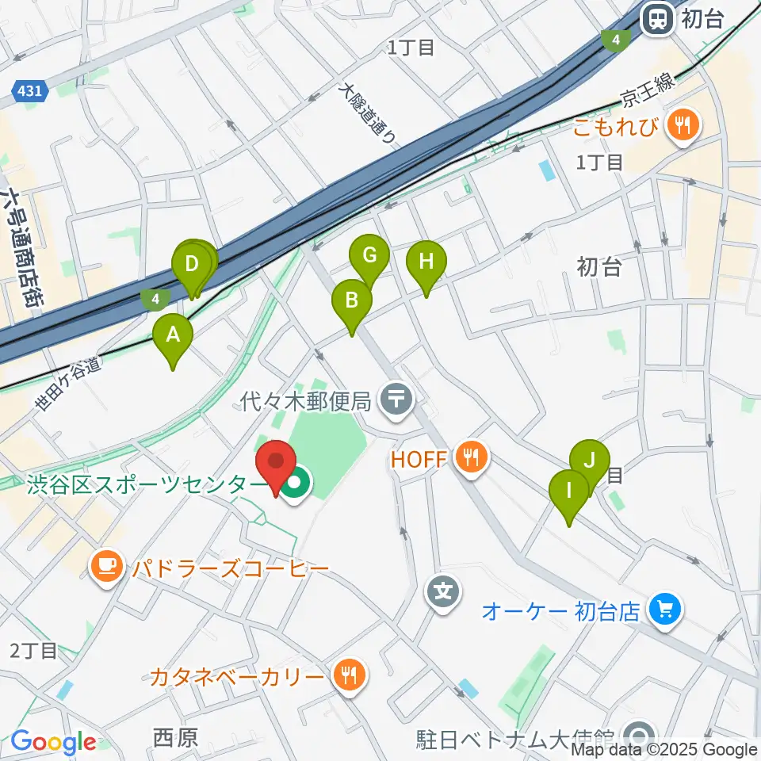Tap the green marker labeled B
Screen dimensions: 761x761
point(351,301)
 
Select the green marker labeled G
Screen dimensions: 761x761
point(369,256)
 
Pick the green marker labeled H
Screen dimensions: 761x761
point(426,262)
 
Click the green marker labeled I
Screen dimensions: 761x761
point(568,491)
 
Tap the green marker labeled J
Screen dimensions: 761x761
point(589,461)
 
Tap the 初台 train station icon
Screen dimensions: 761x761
point(657,19)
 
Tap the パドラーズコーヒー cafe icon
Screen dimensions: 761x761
point(105,568)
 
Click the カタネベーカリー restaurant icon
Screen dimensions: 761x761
point(347,676)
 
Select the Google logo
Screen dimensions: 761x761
point(53,742)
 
